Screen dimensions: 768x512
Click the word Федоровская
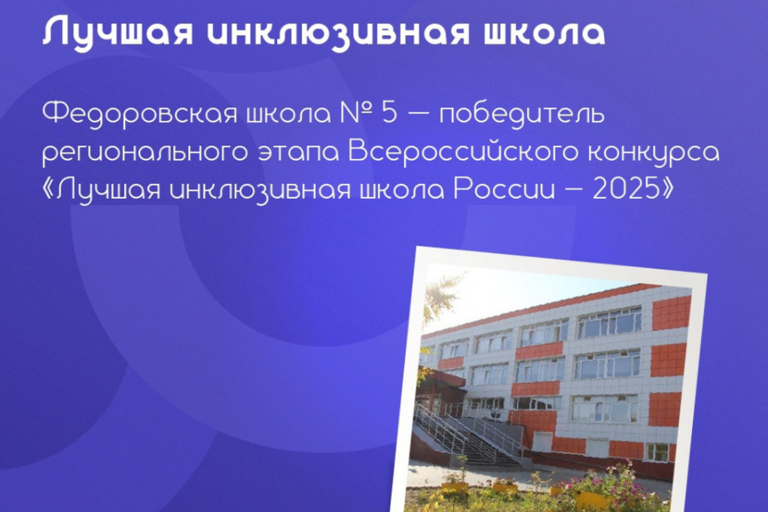tap(134, 114)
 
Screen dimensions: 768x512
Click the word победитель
tap(522, 114)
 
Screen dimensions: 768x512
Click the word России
tap(504, 190)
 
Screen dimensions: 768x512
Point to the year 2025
tap(625, 190)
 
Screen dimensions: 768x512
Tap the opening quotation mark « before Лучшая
tap(49, 190)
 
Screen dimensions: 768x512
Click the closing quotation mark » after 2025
tap(666, 190)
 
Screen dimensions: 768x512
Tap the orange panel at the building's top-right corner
tap(671, 312)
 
